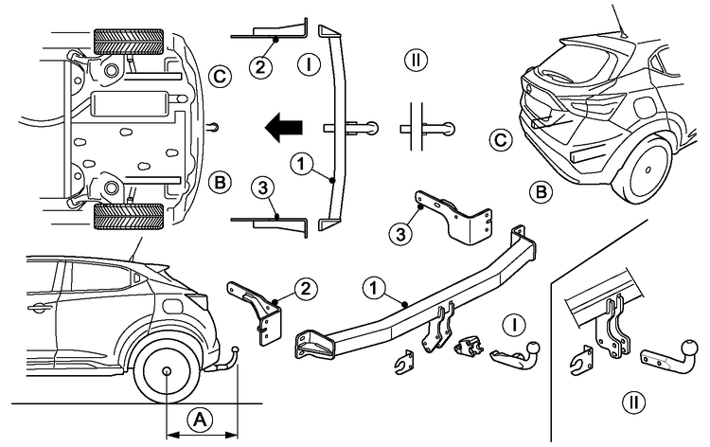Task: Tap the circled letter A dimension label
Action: pyautogui.click(x=199, y=418)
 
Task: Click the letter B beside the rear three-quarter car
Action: pyautogui.click(x=541, y=193)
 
